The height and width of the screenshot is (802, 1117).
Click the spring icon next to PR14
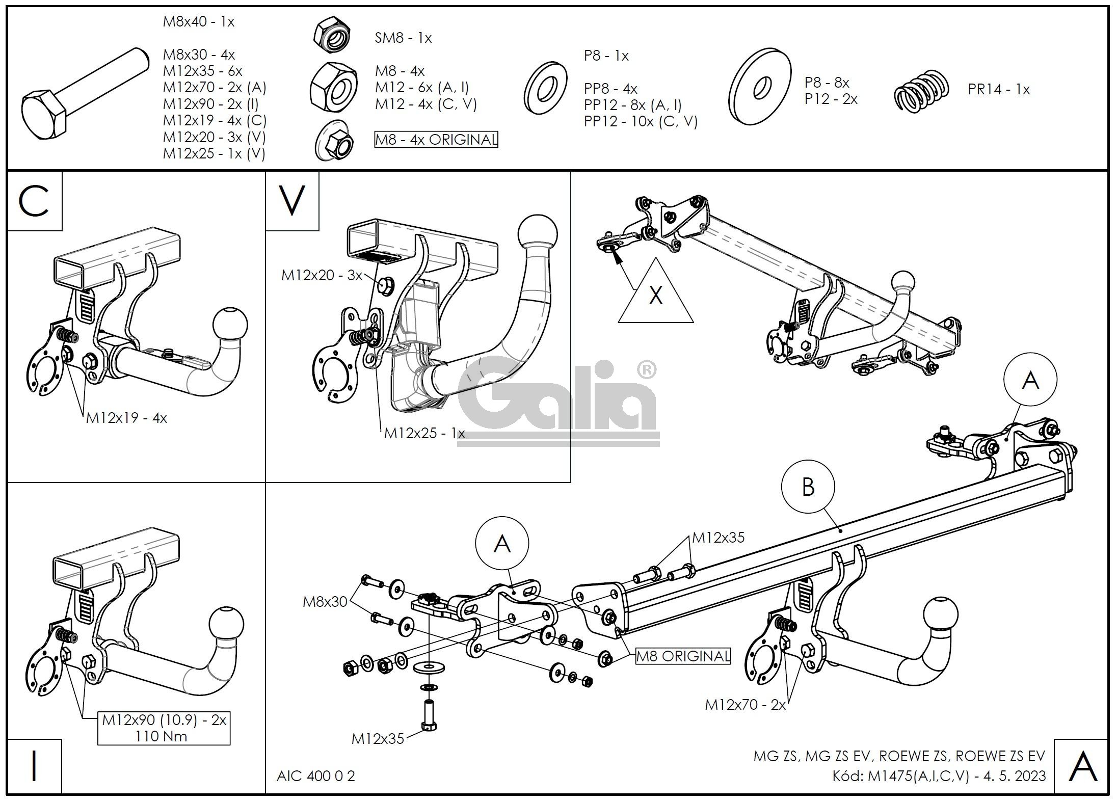922,91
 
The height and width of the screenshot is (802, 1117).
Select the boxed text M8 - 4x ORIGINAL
436,140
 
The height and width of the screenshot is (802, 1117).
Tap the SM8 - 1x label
403,38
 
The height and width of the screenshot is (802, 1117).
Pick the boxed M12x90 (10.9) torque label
164,728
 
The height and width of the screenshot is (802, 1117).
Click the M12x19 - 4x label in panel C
126,418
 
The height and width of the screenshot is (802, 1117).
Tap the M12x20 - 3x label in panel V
322,276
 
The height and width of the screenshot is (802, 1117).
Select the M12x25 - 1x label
424,434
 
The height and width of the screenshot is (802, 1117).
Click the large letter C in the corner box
34,201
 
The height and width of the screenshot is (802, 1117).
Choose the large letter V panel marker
292,201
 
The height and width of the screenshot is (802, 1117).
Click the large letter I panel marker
34,766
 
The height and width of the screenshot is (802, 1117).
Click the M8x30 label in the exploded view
325,602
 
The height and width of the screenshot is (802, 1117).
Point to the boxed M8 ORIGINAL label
683,656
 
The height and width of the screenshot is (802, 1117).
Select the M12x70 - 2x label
745,705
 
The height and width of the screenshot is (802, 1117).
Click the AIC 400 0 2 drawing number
315,776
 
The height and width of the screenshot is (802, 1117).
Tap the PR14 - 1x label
998,90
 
